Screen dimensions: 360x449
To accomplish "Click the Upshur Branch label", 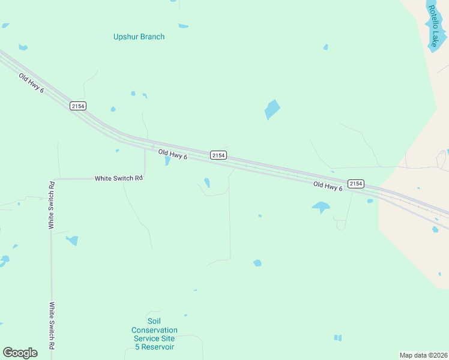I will pos(139,37).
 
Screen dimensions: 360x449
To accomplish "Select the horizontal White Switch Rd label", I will pos(118,178).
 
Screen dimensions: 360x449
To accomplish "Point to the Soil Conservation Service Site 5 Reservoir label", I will pos(154,338).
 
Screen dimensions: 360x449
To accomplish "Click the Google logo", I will pos(20,352).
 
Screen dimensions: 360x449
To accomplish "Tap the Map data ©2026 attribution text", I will pos(423,355).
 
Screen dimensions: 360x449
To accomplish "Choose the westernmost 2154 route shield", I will pos(78,106).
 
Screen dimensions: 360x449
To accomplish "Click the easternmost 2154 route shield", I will pos(356,183).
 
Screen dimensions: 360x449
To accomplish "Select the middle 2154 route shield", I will pos(218,155).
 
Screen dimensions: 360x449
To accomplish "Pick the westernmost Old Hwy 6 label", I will pos(31,83).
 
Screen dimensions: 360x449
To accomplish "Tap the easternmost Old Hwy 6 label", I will pos(328,187).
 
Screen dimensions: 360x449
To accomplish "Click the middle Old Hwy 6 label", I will pos(173,155).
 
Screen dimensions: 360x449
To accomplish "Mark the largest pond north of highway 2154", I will pos(272,109).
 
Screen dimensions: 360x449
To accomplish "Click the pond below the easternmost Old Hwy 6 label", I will pos(321,208).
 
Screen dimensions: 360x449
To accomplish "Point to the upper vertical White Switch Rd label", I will pos(52,205).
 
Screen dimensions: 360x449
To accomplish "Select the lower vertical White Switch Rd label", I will pos(52,325).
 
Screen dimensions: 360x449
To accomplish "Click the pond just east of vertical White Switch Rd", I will pos(73,241).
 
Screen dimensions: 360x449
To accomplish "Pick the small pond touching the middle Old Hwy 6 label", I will pos(167,161).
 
